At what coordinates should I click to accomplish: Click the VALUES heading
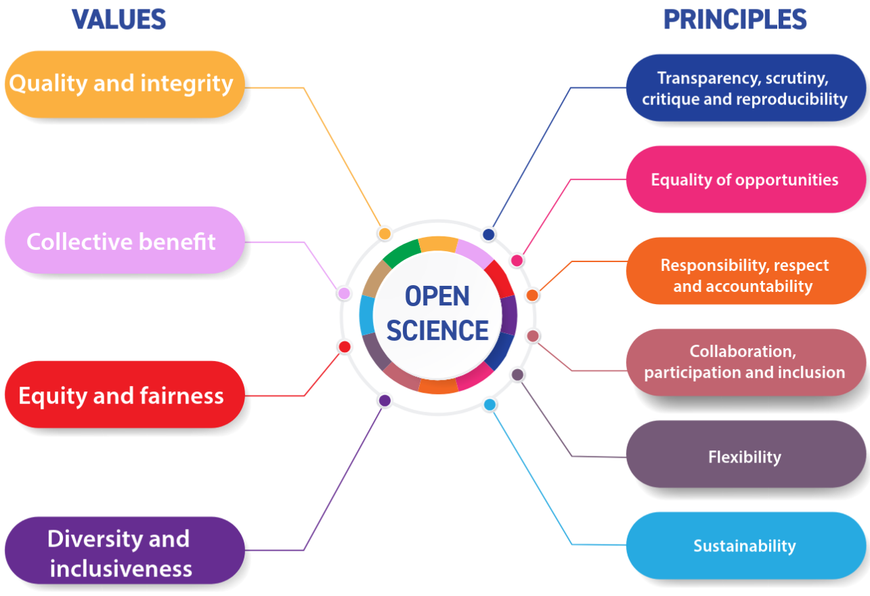coord(118,20)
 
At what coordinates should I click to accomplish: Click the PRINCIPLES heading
coord(735,20)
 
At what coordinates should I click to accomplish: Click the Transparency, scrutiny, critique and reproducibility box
coord(745,88)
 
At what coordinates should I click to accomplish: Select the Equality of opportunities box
coord(745,179)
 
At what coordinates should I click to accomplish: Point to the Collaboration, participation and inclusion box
coord(745,362)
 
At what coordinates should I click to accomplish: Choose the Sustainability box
coord(745,546)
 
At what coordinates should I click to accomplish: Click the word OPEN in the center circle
coord(437,297)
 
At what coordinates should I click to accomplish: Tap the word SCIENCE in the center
coord(437,331)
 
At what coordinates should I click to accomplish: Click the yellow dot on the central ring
coord(385,234)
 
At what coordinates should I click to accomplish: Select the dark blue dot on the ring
coord(489,234)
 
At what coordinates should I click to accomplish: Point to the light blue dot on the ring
coord(490,405)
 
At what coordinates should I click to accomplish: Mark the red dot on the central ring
coord(344,347)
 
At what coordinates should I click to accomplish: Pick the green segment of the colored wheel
coord(401,254)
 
